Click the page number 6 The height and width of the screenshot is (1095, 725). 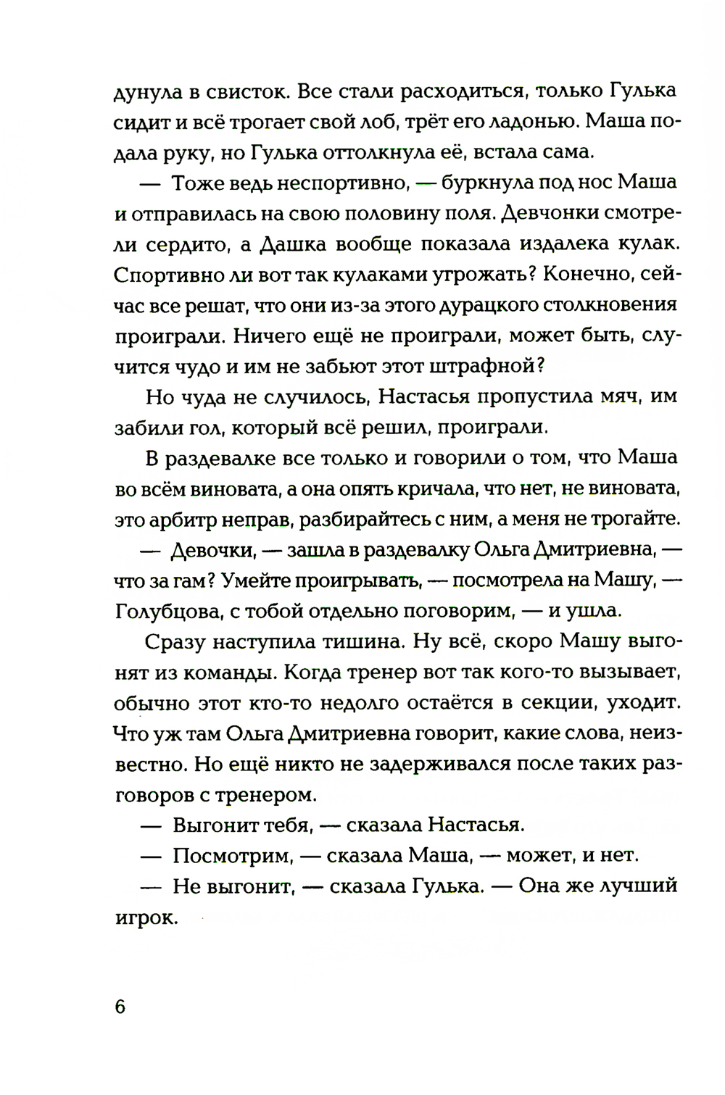pyautogui.click(x=120, y=1007)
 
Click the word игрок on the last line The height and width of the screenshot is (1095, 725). pyautogui.click(x=146, y=917)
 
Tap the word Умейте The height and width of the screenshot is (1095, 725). pyautogui.click(x=252, y=580)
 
